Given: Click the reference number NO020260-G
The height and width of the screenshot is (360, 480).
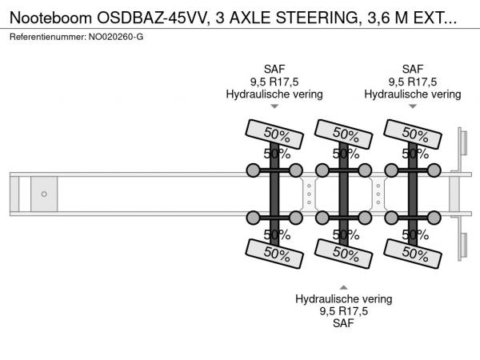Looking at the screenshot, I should point(116,37).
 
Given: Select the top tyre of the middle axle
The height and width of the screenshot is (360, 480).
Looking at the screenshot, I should point(345,132).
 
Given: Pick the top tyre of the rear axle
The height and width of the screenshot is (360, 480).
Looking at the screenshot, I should point(414,132).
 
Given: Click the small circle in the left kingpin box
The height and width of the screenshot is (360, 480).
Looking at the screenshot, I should point(44,194).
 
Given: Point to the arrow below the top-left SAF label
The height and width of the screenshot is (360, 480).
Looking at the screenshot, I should point(274,106).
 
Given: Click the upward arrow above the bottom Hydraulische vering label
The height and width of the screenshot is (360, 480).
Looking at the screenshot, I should point(343,286).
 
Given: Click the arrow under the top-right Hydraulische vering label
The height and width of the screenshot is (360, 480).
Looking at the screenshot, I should point(413,106).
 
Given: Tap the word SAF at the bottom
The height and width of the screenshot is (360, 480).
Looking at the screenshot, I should point(343,324).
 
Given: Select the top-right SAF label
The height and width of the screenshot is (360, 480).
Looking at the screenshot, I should point(413,68).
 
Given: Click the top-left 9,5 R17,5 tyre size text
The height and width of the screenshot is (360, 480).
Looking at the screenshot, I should point(274,81).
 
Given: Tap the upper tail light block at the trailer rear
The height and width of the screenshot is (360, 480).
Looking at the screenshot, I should point(462,146).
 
